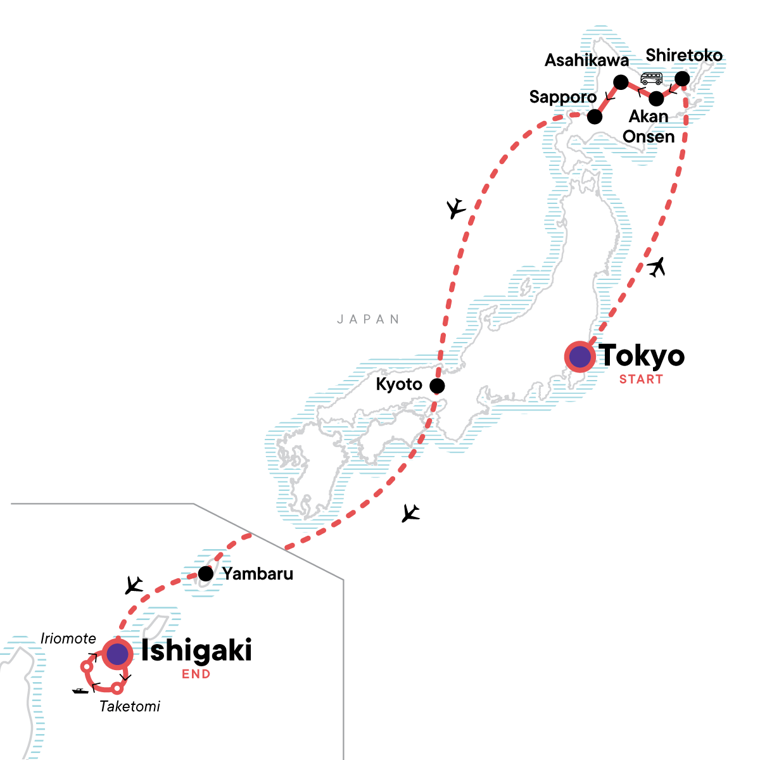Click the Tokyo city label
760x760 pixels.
pos(642,356)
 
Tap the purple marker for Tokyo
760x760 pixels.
pos(579,357)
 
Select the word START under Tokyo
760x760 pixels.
pos(641,379)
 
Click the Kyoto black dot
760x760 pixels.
pos(436,386)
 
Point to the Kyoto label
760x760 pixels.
pos(399,384)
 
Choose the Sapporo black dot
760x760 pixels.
pos(594,117)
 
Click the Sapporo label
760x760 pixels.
pos(563,97)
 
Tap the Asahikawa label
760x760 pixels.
pos(587,60)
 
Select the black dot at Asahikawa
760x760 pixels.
pos(621,82)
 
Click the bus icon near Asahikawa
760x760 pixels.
pos(651,79)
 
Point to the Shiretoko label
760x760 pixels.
pos(684,56)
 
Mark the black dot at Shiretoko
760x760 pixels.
pos(682,79)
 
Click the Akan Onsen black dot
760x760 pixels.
pos(657,99)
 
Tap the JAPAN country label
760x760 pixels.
pos(369,319)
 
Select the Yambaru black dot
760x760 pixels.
pos(206,574)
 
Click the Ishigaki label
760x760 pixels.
pos(196,650)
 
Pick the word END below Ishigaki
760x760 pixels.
pos(196,674)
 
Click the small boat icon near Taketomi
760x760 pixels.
pos(80,690)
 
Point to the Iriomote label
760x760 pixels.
pos(68,638)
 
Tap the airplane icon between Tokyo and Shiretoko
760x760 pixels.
pos(657,267)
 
